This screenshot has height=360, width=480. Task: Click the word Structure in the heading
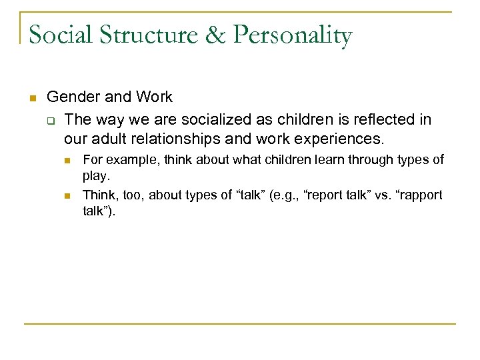point(151,35)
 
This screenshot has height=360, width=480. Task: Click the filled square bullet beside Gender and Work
point(32,98)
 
